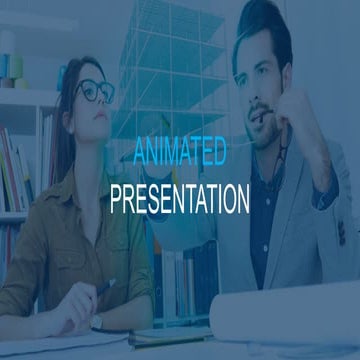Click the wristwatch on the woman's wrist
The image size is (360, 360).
[97, 322]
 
